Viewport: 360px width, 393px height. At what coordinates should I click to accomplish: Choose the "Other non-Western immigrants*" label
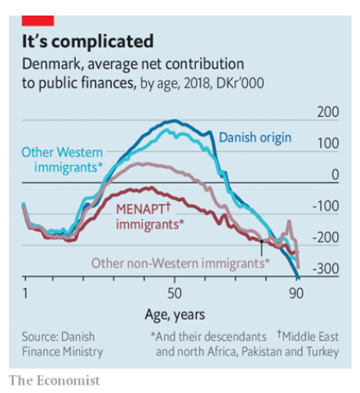(180, 262)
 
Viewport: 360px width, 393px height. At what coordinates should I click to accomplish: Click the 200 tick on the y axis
(328, 112)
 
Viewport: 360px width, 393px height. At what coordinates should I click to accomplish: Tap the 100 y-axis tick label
(328, 143)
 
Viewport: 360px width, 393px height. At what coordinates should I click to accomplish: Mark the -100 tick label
(327, 206)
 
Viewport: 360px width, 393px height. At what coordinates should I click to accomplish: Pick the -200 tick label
(327, 237)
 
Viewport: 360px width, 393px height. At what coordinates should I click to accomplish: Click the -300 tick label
(327, 268)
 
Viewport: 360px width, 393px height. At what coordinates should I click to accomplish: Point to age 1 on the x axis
(25, 293)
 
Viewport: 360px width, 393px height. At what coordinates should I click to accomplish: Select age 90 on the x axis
(297, 293)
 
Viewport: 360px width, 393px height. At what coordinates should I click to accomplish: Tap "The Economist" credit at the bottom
(54, 380)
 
